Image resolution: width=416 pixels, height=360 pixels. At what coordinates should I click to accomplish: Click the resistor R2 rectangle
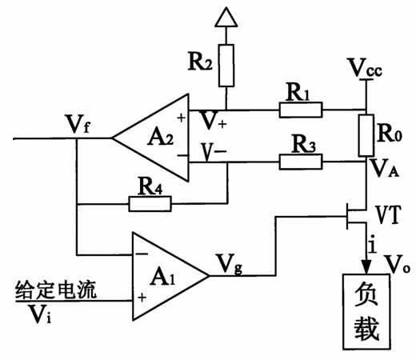(226, 66)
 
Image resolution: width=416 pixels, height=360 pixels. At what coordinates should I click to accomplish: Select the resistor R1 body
(301, 110)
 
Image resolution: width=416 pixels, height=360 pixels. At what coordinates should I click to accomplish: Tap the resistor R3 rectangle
(301, 162)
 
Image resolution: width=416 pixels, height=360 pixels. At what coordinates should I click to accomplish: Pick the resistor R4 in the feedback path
(150, 204)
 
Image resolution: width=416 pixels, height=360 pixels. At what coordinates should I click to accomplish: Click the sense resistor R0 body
(366, 135)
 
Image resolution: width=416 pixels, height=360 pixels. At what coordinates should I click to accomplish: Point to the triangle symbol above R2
(226, 17)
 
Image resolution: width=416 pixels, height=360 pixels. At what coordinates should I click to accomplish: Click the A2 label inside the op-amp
(160, 138)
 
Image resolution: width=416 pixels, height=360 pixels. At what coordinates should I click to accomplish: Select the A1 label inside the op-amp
(162, 277)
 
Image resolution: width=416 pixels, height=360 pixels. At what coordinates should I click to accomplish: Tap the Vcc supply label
(365, 68)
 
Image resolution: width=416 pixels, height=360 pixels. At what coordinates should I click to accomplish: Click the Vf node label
(78, 124)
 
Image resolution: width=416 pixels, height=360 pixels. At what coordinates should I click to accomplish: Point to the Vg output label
(230, 263)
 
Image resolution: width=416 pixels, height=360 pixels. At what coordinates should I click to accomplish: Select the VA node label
(385, 168)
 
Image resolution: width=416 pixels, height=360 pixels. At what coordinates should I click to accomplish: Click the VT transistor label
(388, 215)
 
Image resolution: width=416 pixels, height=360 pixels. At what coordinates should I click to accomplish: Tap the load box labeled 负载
(366, 311)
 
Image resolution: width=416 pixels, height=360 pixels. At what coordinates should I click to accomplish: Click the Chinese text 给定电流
(56, 290)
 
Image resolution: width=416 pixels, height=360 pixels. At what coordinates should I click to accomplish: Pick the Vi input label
(40, 314)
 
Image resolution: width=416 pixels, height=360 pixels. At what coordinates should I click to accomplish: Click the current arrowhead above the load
(366, 266)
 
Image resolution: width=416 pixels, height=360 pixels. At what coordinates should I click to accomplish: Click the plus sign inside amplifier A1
(142, 298)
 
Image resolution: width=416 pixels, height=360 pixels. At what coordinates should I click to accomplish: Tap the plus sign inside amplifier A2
(182, 118)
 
